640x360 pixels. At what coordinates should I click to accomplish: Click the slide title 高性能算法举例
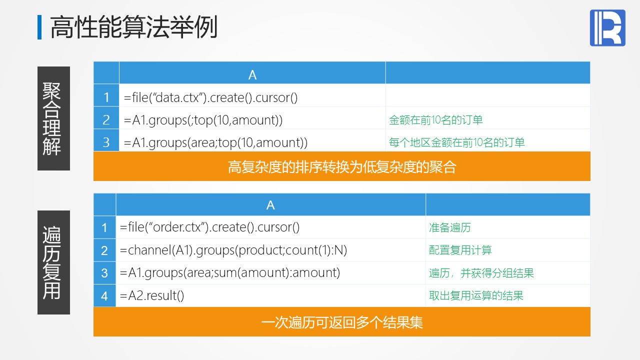tap(133, 27)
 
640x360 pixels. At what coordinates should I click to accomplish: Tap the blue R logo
tap(607, 27)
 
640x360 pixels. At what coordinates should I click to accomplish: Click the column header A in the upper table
tap(252, 75)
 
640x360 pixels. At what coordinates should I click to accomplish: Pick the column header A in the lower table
tap(270, 205)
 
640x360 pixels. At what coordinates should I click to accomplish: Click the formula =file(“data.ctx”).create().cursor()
tap(211, 97)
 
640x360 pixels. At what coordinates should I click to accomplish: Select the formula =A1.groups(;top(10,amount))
tap(203, 120)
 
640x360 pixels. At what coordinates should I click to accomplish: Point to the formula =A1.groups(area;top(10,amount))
tap(215, 142)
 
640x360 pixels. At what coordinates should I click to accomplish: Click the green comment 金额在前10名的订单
tap(435, 120)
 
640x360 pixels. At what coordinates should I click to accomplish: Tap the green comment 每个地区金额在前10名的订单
tap(456, 142)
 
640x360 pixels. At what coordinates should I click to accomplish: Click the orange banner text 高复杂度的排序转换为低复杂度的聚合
tap(341, 167)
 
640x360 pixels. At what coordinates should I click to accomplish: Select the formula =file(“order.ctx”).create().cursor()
tap(209, 227)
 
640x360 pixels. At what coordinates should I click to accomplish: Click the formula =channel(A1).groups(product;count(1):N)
tap(233, 250)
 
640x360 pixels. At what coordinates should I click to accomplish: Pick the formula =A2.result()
tap(152, 295)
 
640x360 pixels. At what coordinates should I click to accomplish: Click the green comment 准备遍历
tap(449, 227)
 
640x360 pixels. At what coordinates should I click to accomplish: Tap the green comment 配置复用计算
tap(460, 250)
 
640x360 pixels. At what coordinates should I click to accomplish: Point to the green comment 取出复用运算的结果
tap(476, 295)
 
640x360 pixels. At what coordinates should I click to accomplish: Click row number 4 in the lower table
tap(104, 296)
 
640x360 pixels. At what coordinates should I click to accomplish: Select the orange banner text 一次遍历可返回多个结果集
tap(341, 322)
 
